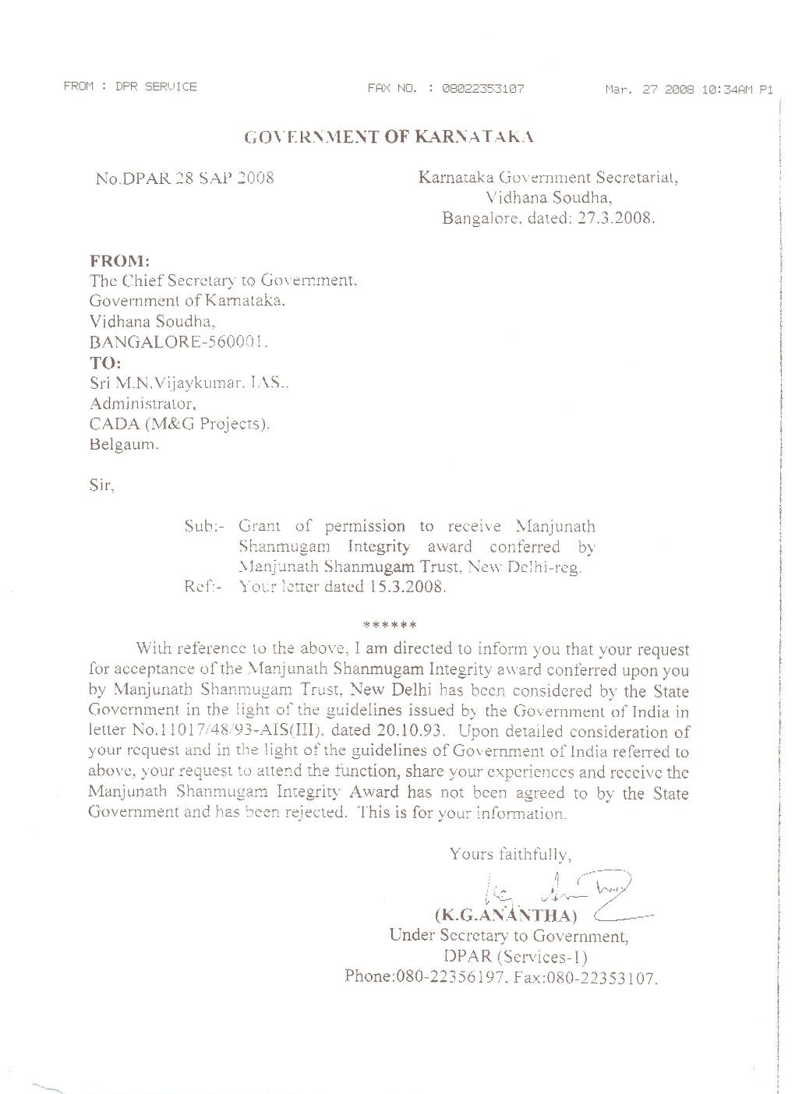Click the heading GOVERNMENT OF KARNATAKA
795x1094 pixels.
tap(388, 137)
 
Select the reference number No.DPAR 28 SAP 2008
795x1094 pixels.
tap(184, 178)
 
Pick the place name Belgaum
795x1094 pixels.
tap(124, 446)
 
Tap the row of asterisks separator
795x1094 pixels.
tap(389, 624)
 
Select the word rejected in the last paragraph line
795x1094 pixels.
tap(312, 813)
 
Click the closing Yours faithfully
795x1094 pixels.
tap(511, 854)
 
